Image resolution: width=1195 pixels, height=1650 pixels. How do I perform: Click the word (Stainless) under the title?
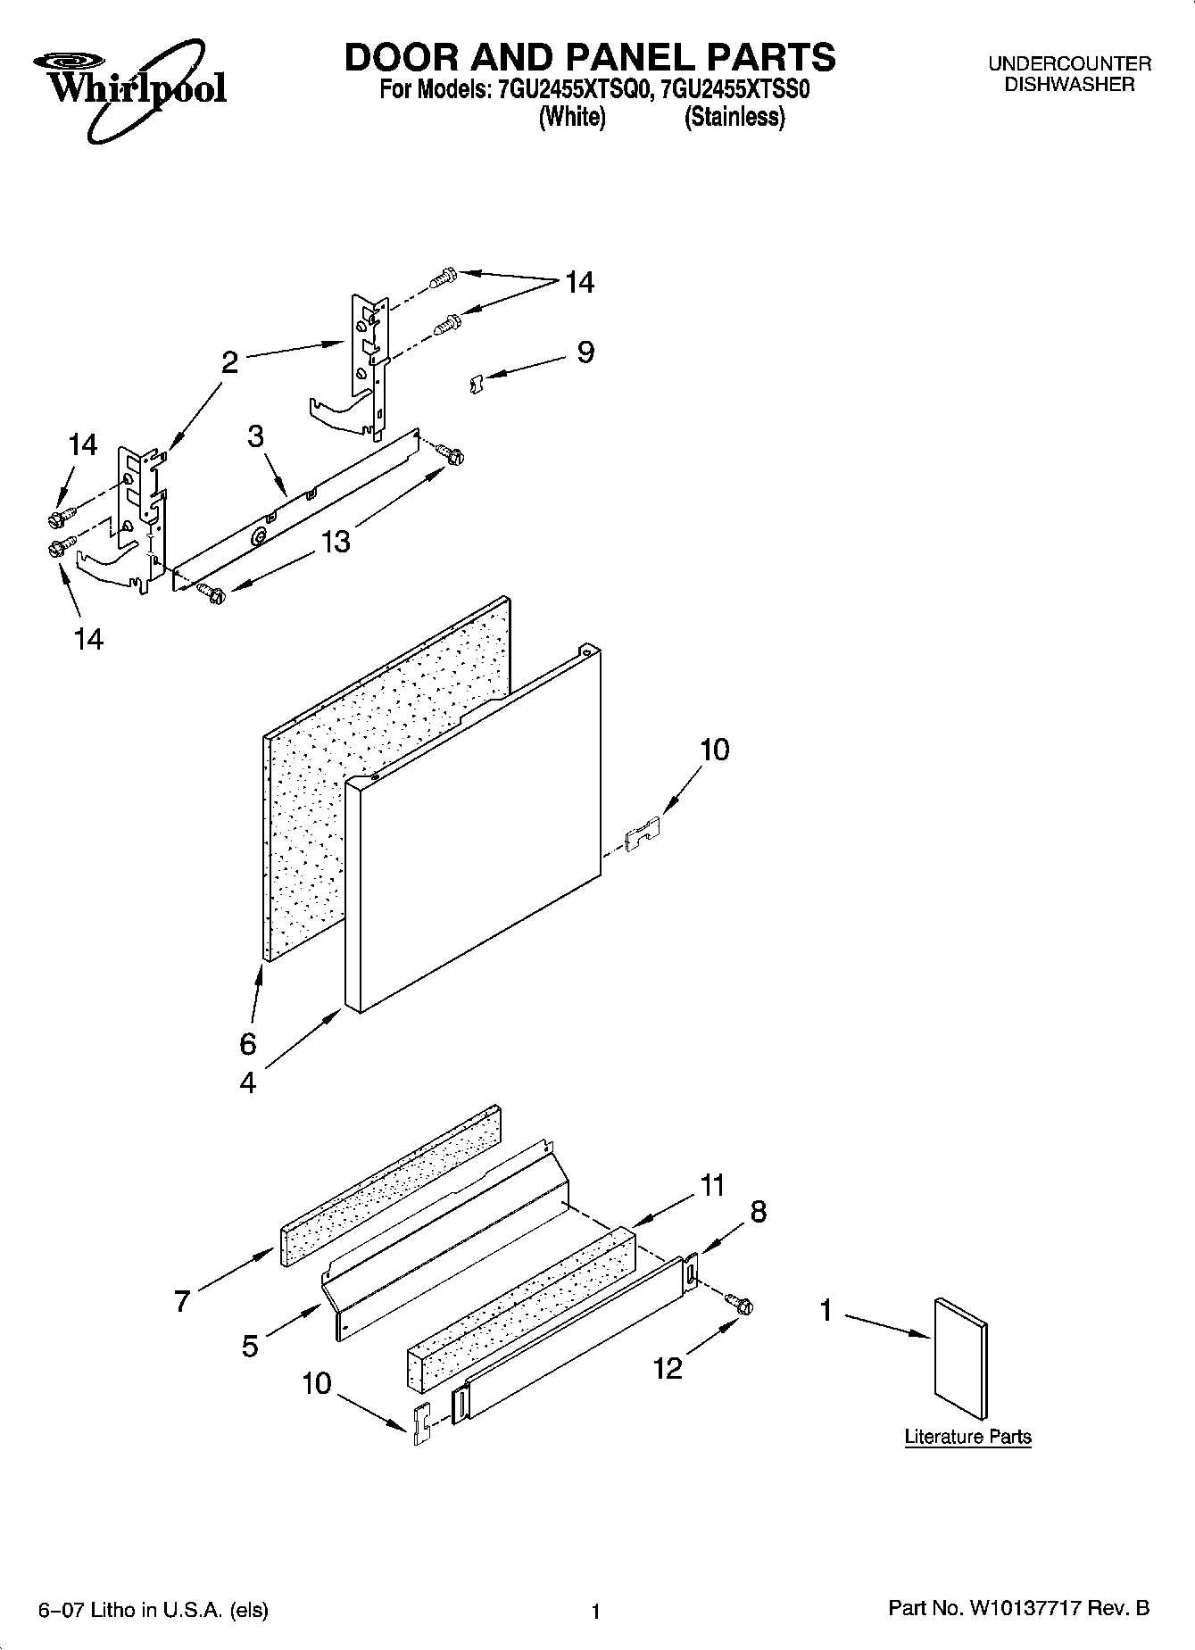pyautogui.click(x=734, y=118)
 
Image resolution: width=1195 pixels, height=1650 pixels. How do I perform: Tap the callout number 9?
pyautogui.click(x=585, y=352)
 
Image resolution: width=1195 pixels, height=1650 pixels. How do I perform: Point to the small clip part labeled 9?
pyautogui.click(x=476, y=384)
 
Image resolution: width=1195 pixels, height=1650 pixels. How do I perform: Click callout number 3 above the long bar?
pyautogui.click(x=256, y=436)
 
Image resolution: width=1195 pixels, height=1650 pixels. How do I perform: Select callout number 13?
pyautogui.click(x=336, y=542)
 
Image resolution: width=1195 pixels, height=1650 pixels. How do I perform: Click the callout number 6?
pyautogui.click(x=248, y=1042)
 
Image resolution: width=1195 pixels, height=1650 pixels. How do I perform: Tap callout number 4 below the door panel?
pyautogui.click(x=248, y=1082)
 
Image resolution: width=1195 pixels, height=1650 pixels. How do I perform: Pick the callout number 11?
pyautogui.click(x=712, y=1186)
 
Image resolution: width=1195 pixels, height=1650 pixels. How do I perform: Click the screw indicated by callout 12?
pyautogui.click(x=740, y=1304)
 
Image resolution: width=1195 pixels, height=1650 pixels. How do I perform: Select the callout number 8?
pyautogui.click(x=758, y=1212)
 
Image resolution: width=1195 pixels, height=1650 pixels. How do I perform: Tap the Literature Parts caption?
pyautogui.click(x=967, y=1437)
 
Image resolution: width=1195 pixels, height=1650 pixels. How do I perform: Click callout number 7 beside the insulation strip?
pyautogui.click(x=182, y=1301)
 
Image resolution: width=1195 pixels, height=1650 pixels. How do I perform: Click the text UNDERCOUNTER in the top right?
pyautogui.click(x=1068, y=64)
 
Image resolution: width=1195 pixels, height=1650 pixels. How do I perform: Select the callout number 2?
pyautogui.click(x=229, y=362)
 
